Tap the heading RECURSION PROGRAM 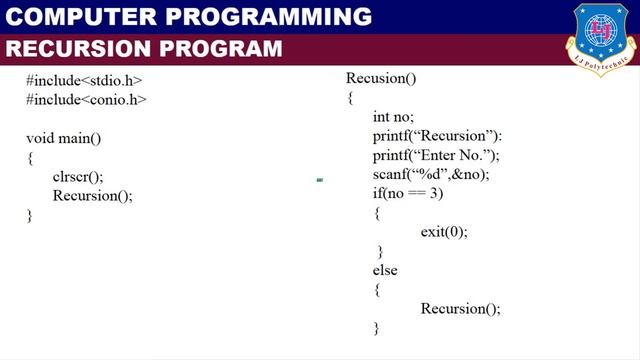pos(144,49)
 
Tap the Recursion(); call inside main pos(92,196)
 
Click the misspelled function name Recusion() pos(380,78)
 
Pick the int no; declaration pos(392,117)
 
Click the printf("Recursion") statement pos(437,136)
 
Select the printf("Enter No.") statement pos(435,155)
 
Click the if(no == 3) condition pos(407,193)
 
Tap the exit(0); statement pos(444,232)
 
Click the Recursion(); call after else pos(460,309)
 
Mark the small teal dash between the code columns pos(319,181)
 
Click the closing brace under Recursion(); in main pos(30,215)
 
